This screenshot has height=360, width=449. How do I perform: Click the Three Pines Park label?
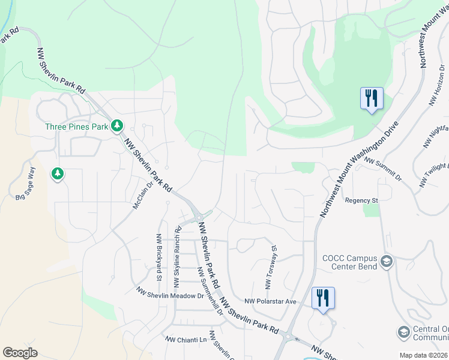[77, 127]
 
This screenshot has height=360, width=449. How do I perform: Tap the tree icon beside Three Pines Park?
[119, 126]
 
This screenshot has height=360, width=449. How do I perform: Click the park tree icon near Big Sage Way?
[58, 174]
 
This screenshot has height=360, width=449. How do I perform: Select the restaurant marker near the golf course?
[372, 98]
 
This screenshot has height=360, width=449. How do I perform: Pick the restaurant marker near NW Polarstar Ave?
[323, 298]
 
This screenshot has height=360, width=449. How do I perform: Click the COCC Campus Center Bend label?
[349, 262]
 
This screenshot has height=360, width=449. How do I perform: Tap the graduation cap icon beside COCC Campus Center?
[387, 262]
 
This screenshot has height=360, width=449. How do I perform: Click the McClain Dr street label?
[142, 196]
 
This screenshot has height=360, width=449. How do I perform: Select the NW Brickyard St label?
[159, 258]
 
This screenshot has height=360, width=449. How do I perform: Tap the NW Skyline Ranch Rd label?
[177, 255]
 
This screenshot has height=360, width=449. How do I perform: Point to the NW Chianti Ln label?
[186, 340]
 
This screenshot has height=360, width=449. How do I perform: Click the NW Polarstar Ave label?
[271, 301]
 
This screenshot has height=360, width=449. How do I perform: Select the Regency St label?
[361, 200]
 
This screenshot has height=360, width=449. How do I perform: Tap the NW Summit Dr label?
[383, 169]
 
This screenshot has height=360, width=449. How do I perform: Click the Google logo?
[20, 353]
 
